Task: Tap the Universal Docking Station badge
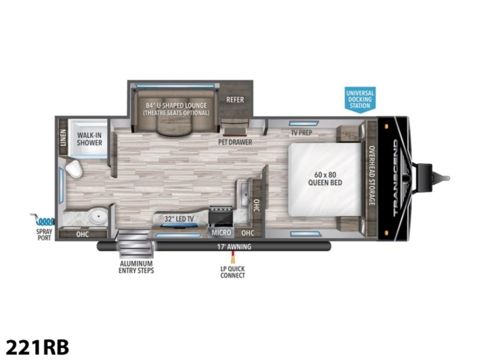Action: point(360,100)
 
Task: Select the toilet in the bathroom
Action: point(74,169)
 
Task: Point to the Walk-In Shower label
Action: point(90,139)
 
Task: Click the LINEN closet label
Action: point(63,138)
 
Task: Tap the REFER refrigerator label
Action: point(235,100)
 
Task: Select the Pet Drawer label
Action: point(235,142)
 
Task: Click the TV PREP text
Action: point(301,133)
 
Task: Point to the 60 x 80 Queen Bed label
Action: point(325,179)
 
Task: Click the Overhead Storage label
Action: point(372,176)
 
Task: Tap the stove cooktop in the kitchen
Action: point(220,214)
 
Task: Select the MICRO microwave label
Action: point(221,233)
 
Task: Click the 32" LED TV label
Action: point(179,219)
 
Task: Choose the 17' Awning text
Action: point(234,247)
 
